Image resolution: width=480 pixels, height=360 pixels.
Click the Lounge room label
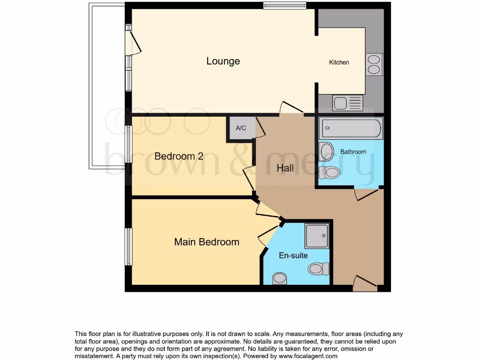coord(223,61)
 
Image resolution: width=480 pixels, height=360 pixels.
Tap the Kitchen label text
coord(339,62)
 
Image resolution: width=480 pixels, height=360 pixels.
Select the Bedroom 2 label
coord(179,156)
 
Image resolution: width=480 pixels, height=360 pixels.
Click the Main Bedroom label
coord(206,242)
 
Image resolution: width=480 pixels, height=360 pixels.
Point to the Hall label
coord(285,168)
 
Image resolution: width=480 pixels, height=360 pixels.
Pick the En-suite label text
coord(293,255)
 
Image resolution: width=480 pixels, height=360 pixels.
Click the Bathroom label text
coord(353,151)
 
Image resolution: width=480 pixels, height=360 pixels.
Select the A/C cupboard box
coord(241,128)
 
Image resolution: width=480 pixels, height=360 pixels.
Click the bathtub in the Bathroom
coord(351,128)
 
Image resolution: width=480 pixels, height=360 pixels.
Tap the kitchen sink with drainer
coord(347,103)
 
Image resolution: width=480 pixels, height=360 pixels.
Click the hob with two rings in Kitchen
coord(374,65)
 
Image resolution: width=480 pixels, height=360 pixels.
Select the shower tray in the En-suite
coord(317,236)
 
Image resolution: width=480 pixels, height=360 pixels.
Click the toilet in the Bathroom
coord(330,172)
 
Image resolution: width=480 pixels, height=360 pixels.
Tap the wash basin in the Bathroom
coord(327,152)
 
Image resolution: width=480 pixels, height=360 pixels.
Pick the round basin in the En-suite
coord(280,278)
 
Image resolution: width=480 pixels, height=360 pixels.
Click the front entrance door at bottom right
coord(365,284)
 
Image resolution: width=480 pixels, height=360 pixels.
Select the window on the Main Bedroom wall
coord(128,247)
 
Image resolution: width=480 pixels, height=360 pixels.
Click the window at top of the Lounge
coord(285,6)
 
